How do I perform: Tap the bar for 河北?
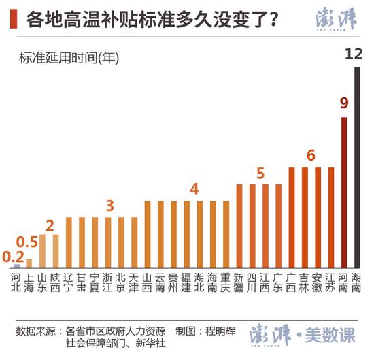pos(16,266)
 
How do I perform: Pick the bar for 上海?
pos(29,263)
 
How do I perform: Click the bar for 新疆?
pos(239,225)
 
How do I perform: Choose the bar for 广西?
pos(291,217)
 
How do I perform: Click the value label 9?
pos(344,103)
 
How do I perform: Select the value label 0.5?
pos(27,242)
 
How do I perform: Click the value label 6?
pos(311,154)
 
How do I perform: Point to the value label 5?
pos(260,172)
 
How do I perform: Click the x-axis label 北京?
pos(121,282)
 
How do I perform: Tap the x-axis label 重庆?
pos(225,282)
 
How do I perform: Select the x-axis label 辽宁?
pos(69,282)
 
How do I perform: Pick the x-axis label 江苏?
pos(330,282)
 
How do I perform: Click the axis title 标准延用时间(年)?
pos(69,58)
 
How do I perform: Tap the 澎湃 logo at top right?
pos(336,20)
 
